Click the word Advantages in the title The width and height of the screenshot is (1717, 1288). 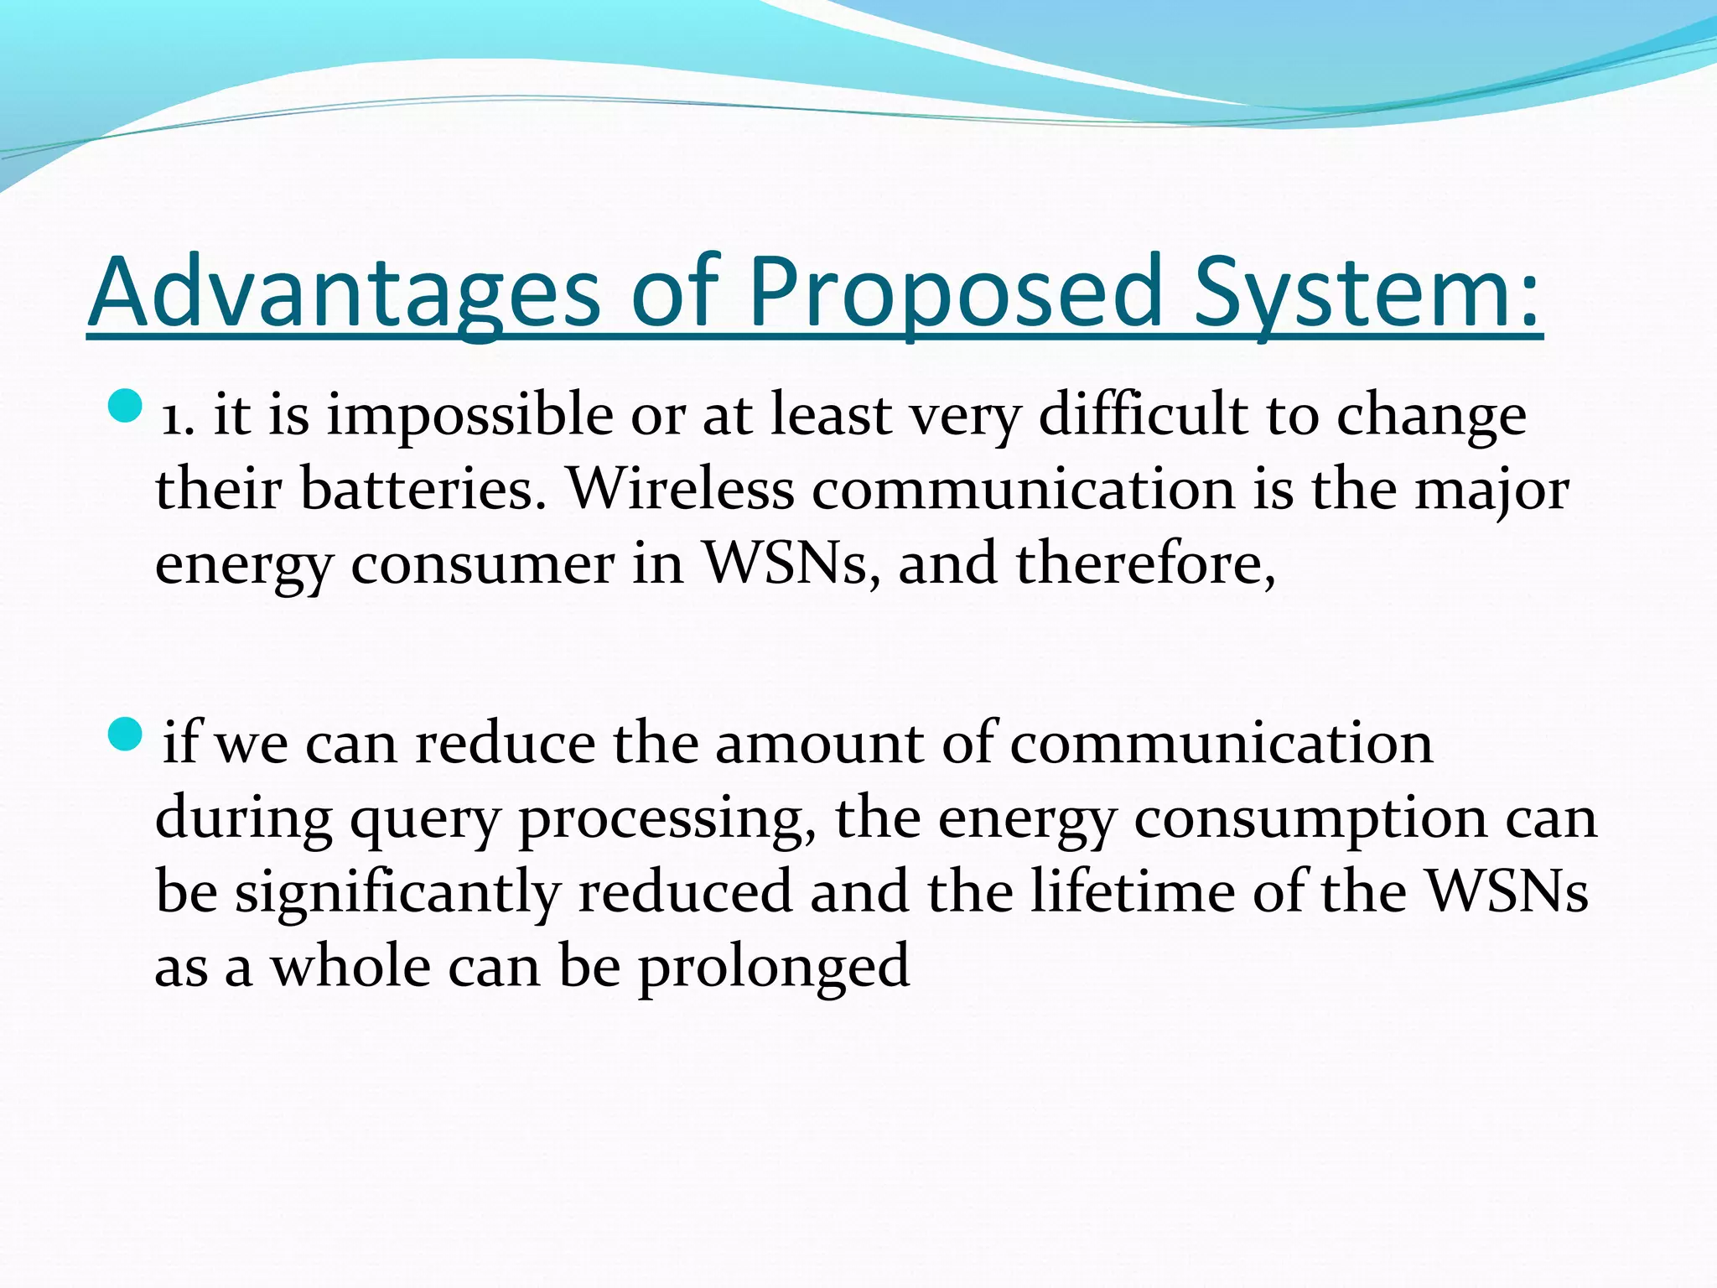344,293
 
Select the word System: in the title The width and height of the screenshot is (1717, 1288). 1367,293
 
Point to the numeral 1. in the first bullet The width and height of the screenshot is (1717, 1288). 178,417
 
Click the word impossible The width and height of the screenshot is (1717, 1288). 469,417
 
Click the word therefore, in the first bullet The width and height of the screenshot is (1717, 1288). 1145,563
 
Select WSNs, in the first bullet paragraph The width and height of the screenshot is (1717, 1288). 792,563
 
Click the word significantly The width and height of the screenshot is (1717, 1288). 397,893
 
